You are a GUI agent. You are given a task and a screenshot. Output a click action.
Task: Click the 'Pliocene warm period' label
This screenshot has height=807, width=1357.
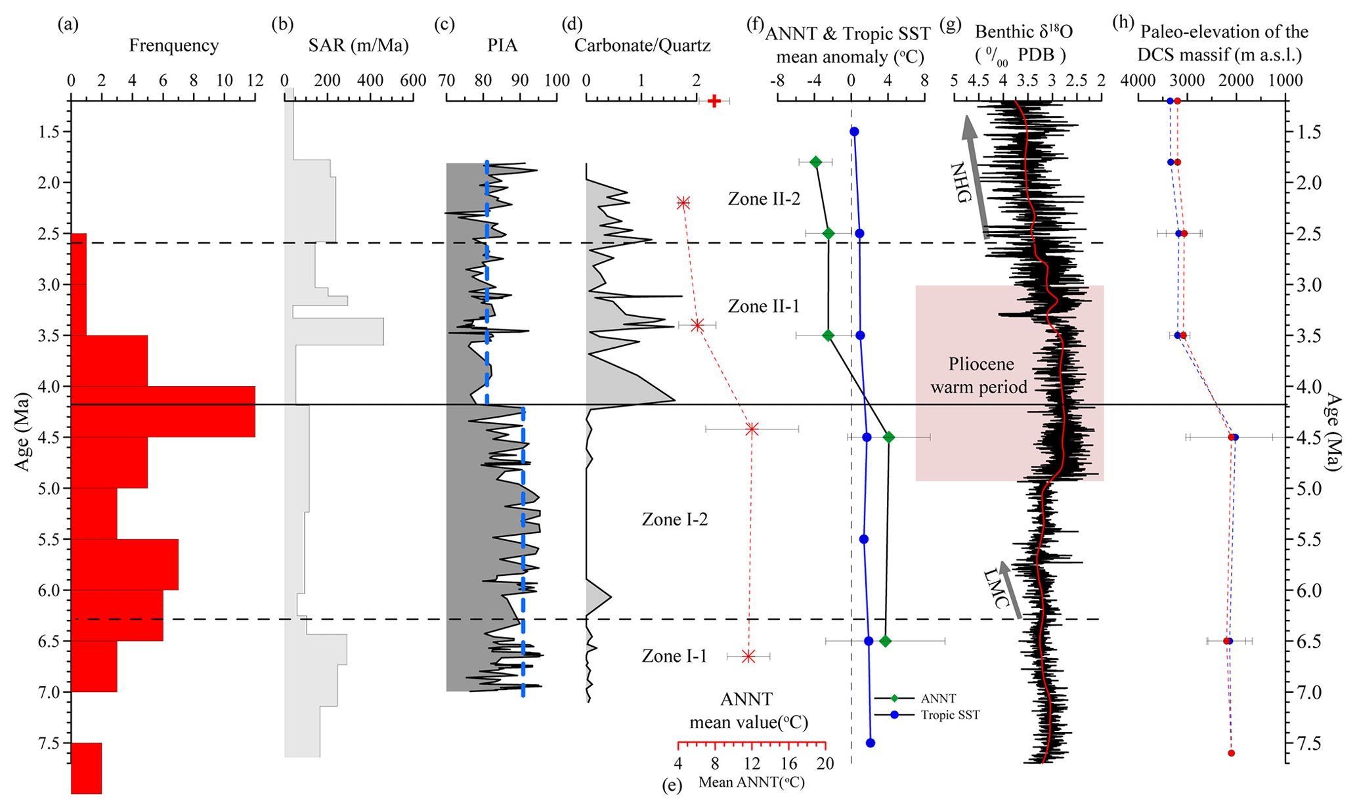point(980,376)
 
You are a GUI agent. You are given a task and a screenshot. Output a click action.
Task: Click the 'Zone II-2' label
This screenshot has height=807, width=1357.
point(764,198)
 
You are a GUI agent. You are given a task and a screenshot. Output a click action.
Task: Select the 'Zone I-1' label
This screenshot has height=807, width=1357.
point(674,656)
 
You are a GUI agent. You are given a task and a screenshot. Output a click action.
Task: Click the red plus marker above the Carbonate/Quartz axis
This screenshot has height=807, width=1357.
point(714,101)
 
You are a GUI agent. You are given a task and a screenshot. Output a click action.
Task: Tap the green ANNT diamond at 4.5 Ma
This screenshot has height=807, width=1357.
point(889,437)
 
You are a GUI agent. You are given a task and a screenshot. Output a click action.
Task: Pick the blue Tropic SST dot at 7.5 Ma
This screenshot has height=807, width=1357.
point(871,743)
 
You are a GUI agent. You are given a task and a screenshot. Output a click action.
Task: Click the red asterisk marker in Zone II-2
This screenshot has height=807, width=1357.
point(683,203)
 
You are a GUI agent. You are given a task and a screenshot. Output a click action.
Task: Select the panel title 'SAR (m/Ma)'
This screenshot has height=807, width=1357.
point(358,45)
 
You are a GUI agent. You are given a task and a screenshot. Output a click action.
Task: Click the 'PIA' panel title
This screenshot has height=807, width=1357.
point(502,45)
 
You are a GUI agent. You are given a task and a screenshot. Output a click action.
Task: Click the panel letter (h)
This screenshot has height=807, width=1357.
point(1123,25)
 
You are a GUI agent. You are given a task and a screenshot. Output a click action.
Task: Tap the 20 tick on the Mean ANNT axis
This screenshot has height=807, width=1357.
point(825,764)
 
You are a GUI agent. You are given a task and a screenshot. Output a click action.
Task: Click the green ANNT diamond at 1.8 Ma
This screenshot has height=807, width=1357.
point(816,162)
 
